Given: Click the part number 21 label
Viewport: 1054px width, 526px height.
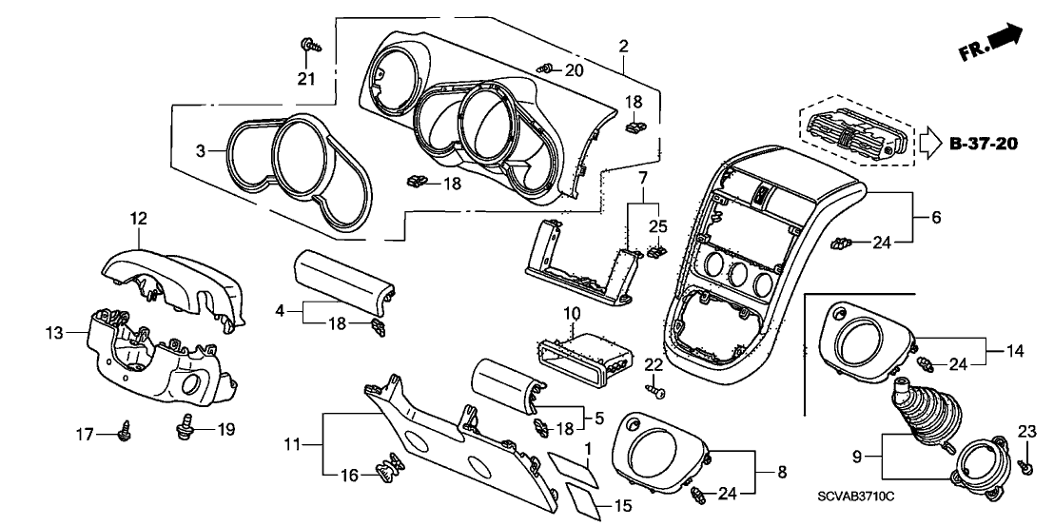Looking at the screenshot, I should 304,79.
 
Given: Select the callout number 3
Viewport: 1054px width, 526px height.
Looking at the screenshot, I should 200,151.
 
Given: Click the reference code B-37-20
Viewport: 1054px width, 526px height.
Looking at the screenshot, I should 984,145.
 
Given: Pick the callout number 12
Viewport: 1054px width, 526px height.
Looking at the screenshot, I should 139,219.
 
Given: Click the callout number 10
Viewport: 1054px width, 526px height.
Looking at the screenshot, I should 571,312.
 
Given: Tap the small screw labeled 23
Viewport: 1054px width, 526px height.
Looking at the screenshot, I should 1026,466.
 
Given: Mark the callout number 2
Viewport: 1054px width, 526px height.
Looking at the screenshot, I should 623,45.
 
